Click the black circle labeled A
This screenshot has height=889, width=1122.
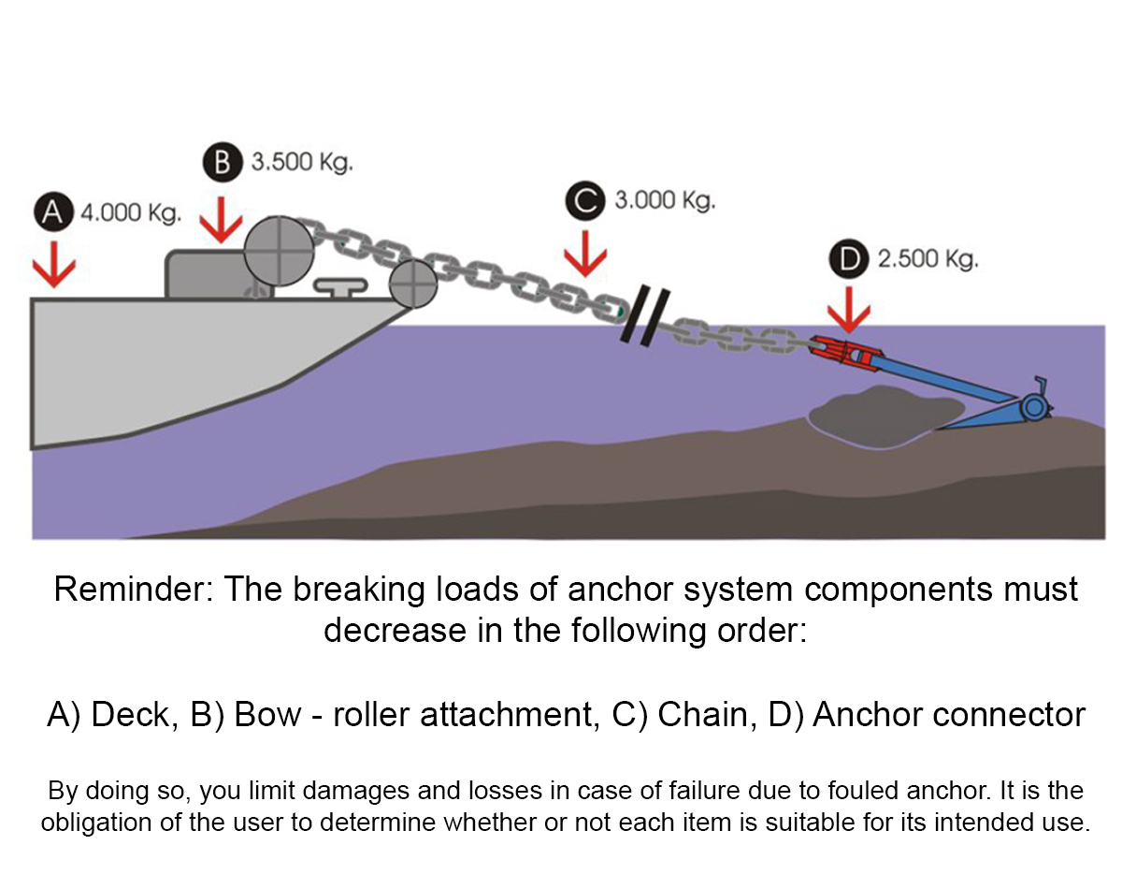click(53, 211)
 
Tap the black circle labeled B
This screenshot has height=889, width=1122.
click(223, 162)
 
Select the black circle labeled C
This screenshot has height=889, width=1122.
click(585, 201)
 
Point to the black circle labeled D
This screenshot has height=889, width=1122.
click(849, 258)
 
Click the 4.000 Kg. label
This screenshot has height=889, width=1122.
click(132, 213)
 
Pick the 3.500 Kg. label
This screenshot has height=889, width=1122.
click(302, 162)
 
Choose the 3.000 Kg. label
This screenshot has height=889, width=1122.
click(666, 200)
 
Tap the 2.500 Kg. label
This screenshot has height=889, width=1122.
click(928, 259)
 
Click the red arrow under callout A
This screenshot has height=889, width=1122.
click(54, 264)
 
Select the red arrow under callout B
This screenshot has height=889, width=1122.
click(221, 220)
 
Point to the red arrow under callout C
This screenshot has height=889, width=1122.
click(585, 254)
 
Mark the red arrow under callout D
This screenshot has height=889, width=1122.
click(849, 310)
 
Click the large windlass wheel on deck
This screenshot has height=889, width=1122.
click(280, 251)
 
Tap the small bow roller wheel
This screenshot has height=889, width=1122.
click(413, 284)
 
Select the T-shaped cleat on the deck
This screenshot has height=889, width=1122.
click(341, 288)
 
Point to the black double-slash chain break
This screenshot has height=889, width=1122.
click(645, 315)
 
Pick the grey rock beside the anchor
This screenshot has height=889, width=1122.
click(885, 416)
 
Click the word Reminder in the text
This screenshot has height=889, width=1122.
click(134, 590)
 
